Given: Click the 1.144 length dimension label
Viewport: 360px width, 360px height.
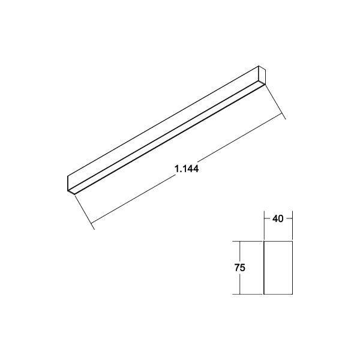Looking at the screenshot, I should (187, 169).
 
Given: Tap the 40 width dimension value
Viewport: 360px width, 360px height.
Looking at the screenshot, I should (278, 219).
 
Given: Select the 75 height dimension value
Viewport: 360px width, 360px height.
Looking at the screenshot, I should (240, 268).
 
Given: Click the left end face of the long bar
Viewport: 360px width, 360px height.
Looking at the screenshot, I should (70, 184).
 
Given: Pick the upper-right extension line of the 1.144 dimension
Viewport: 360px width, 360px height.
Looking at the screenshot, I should (275, 101).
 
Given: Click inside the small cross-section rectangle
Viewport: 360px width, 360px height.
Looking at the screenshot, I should (278, 268).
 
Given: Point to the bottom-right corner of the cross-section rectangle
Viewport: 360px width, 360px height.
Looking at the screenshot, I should (292, 294).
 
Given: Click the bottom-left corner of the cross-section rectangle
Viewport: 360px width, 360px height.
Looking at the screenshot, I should (265, 294).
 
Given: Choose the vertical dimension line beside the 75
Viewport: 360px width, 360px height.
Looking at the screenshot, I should (239, 282).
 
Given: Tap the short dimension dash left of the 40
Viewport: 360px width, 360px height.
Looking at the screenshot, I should (268, 219).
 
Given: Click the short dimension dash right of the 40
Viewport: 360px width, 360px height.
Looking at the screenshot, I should (288, 219).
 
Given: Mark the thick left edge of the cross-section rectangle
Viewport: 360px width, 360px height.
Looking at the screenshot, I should (265, 268).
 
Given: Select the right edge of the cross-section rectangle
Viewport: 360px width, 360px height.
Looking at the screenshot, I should (292, 268).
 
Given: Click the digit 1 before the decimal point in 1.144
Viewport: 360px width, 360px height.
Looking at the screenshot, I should (177, 169).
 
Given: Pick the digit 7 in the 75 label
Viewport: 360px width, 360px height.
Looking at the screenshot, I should (237, 268).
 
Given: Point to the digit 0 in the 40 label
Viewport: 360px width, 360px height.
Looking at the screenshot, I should (281, 219).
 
